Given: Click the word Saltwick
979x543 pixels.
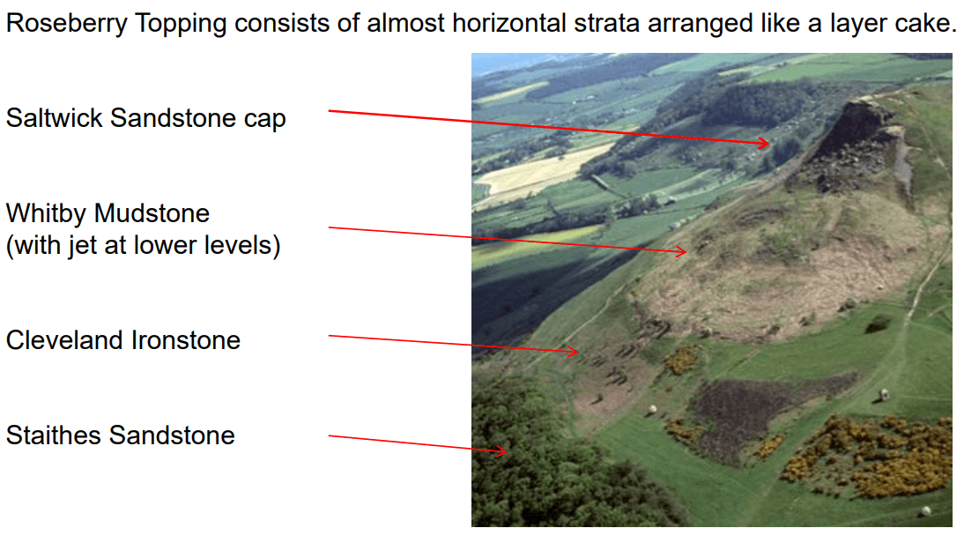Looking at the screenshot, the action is click(55, 118).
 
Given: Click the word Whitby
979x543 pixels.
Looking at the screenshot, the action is click(46, 213).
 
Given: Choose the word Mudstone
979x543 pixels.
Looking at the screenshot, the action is click(152, 213).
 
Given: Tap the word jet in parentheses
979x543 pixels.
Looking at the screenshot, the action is click(83, 246).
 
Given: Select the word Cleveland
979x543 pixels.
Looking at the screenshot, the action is click(63, 340).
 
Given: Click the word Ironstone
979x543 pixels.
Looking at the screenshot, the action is click(185, 340).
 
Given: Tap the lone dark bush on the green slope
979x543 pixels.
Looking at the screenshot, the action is click(879, 323).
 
